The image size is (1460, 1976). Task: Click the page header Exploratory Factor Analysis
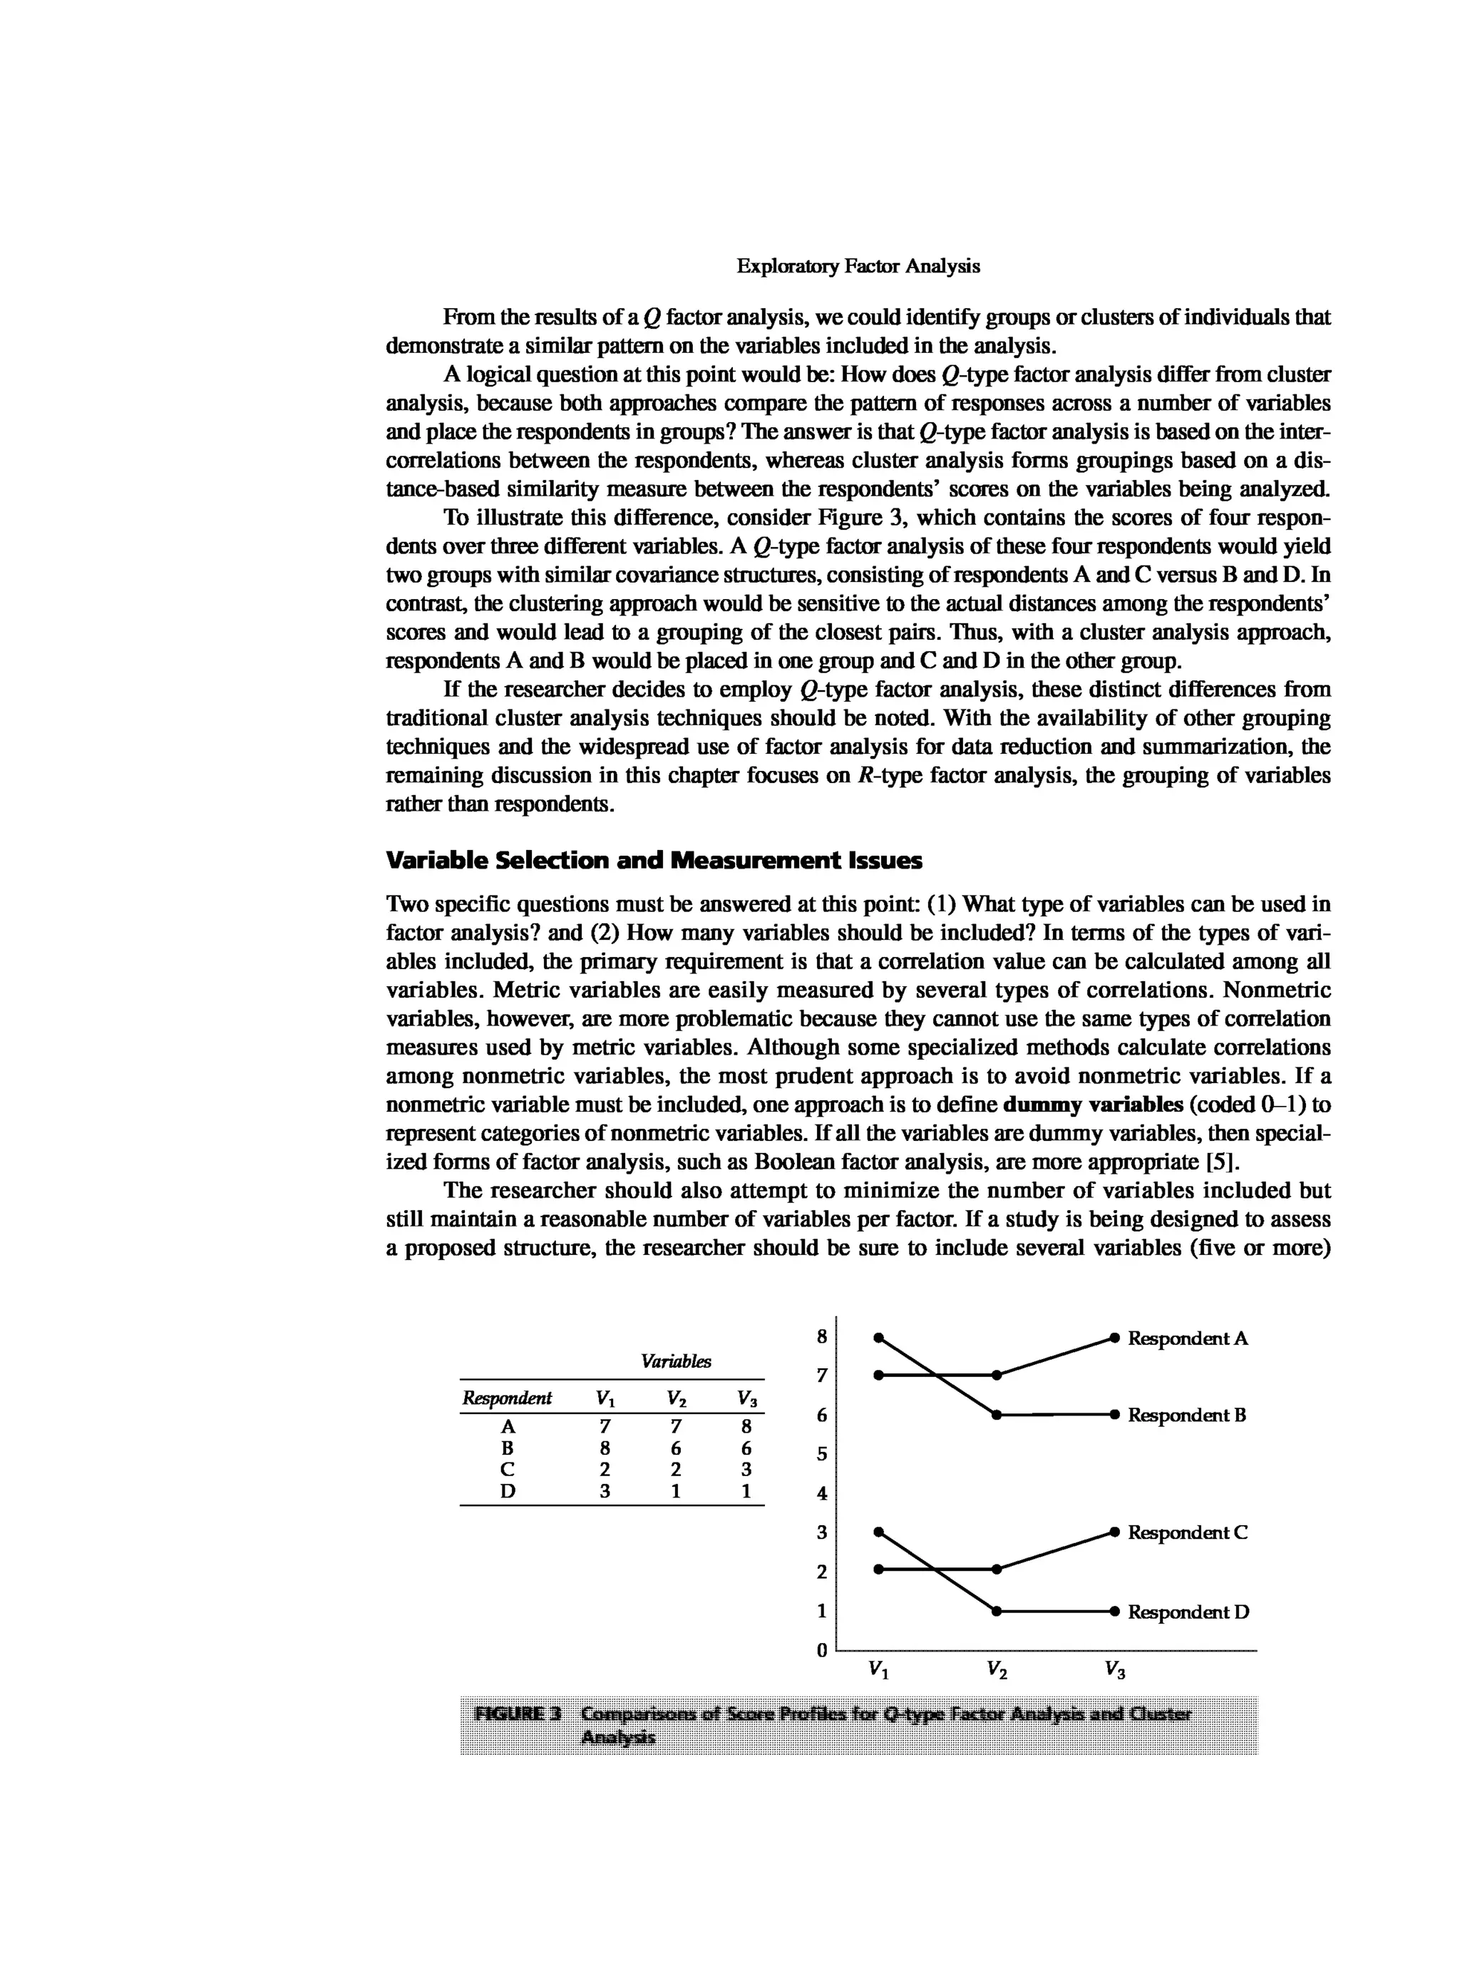point(858,266)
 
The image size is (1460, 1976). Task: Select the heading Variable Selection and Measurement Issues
point(654,859)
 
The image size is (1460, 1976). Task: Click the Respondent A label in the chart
point(1188,1338)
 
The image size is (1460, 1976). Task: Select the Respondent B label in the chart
point(1187,1415)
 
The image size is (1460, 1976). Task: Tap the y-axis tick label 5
point(821,1455)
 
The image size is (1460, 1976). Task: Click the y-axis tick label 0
point(821,1650)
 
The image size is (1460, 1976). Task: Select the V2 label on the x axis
point(997,1669)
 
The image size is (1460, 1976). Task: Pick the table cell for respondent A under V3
point(746,1426)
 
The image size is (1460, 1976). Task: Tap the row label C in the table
point(508,1470)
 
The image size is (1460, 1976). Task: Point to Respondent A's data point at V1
point(878,1375)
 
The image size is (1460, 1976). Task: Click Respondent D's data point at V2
point(996,1611)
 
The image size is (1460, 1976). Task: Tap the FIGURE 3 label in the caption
point(518,1714)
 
